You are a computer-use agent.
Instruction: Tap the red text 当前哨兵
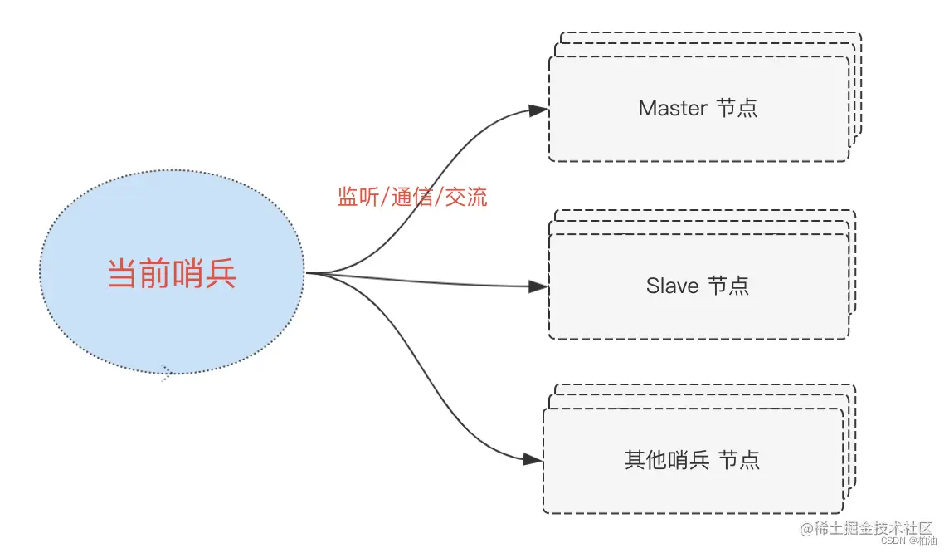[x=173, y=274]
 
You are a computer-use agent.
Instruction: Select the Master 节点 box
[x=698, y=137]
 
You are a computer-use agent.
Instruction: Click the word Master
[x=673, y=109]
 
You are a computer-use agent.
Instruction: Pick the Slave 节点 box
[x=698, y=311]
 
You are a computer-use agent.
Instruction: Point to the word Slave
[x=672, y=286]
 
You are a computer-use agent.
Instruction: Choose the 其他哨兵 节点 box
[x=693, y=486]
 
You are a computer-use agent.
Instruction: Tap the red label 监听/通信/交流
[x=411, y=197]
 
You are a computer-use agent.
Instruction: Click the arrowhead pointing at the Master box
[x=538, y=110]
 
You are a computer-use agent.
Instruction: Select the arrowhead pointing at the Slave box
[x=538, y=286]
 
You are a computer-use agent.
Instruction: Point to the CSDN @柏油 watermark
[x=908, y=541]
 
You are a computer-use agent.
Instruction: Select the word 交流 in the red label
[x=466, y=197]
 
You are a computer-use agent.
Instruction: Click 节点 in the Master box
[x=736, y=109]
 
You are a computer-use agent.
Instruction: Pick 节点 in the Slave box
[x=728, y=286]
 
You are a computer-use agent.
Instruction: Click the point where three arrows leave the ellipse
[x=309, y=272]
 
